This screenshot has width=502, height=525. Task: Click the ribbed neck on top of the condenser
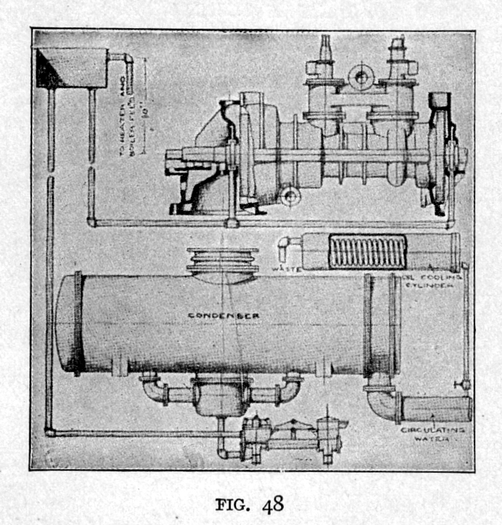(222, 262)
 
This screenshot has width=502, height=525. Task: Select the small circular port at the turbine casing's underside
(288, 195)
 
